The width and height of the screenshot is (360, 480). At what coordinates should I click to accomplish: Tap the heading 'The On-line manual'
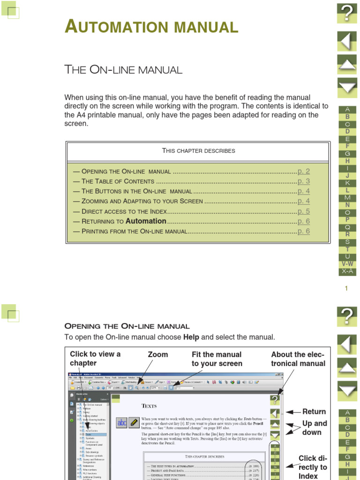tap(123, 70)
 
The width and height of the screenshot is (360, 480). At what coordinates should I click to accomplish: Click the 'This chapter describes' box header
tap(198, 150)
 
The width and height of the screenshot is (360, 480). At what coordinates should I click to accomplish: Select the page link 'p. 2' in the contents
tap(304, 172)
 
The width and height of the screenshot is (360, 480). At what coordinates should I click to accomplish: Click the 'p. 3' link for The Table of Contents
tap(304, 181)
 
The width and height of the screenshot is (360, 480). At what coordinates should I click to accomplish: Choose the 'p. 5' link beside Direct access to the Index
tap(304, 211)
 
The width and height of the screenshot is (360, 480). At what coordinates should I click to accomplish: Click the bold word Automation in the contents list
tap(146, 221)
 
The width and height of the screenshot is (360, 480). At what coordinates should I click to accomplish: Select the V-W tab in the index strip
tap(347, 264)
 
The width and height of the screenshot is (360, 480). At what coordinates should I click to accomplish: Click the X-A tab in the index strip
tap(347, 271)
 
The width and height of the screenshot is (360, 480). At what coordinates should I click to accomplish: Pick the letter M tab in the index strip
tap(347, 198)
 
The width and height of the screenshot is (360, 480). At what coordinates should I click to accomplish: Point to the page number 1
tap(346, 289)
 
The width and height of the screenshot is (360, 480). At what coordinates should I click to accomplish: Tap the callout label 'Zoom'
tap(157, 354)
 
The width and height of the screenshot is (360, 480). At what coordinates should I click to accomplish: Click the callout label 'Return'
tap(314, 412)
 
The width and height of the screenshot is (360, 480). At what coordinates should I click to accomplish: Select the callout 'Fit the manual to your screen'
tap(217, 359)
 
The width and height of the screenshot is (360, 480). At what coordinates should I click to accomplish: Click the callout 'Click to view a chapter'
tap(95, 359)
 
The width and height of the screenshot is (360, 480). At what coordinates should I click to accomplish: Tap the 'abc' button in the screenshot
tap(122, 422)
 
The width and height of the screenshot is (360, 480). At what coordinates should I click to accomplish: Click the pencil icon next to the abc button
tap(134, 422)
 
